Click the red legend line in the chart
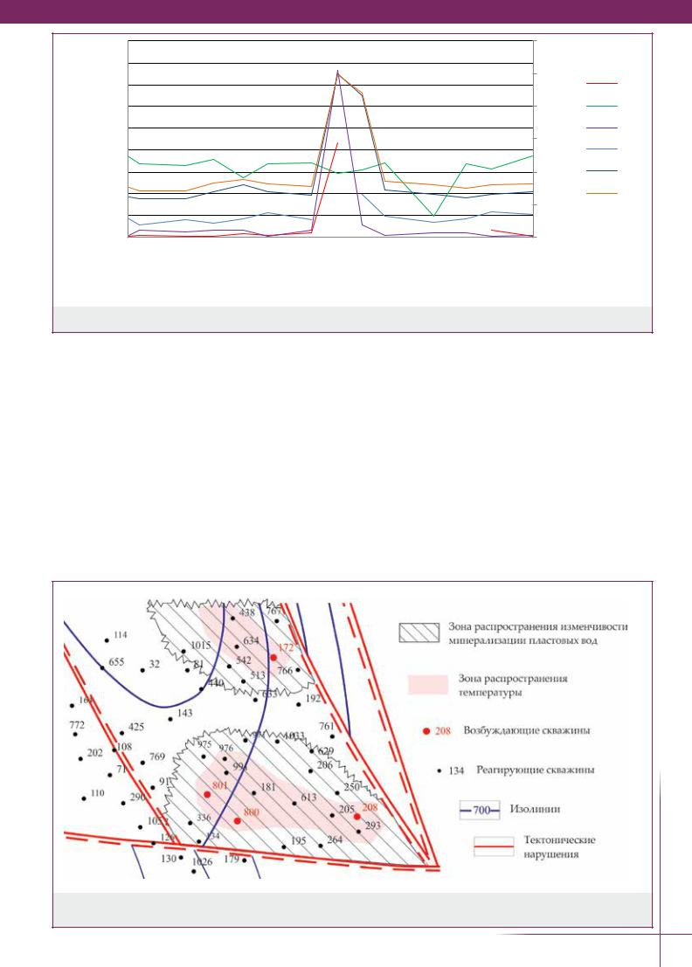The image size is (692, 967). (x=601, y=83)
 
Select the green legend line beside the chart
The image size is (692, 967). (x=601, y=105)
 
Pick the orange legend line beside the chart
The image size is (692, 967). (x=601, y=192)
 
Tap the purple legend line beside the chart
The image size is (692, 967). (x=601, y=127)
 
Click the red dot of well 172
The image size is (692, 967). (x=273, y=657)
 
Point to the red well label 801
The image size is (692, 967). (x=219, y=786)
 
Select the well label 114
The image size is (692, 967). (x=121, y=635)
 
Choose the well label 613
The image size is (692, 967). (x=308, y=798)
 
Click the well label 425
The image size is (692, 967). (x=136, y=727)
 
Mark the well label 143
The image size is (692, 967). (x=184, y=713)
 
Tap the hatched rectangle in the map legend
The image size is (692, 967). (x=418, y=632)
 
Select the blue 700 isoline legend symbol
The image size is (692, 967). (x=479, y=811)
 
